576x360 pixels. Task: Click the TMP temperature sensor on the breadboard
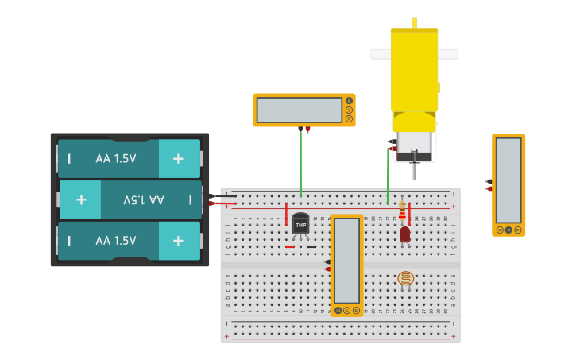click(300, 223)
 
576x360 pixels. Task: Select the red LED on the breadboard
click(405, 234)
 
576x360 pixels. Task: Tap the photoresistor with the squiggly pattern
click(405, 278)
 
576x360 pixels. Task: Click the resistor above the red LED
click(402, 211)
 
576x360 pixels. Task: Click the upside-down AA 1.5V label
click(144, 199)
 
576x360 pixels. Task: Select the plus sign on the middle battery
click(81, 199)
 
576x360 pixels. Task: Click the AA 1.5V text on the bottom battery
click(116, 241)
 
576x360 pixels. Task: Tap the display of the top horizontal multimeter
click(299, 110)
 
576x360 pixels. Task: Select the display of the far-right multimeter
click(508, 180)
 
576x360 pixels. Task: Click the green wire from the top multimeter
click(300, 163)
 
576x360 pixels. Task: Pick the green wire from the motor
click(388, 175)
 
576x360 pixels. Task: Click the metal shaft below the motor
click(414, 169)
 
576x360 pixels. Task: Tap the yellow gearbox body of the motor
click(414, 72)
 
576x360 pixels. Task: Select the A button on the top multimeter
click(349, 101)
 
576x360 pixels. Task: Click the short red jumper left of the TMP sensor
click(286, 214)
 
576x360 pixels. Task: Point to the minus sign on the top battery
click(69, 158)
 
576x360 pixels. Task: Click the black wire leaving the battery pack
click(224, 195)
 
